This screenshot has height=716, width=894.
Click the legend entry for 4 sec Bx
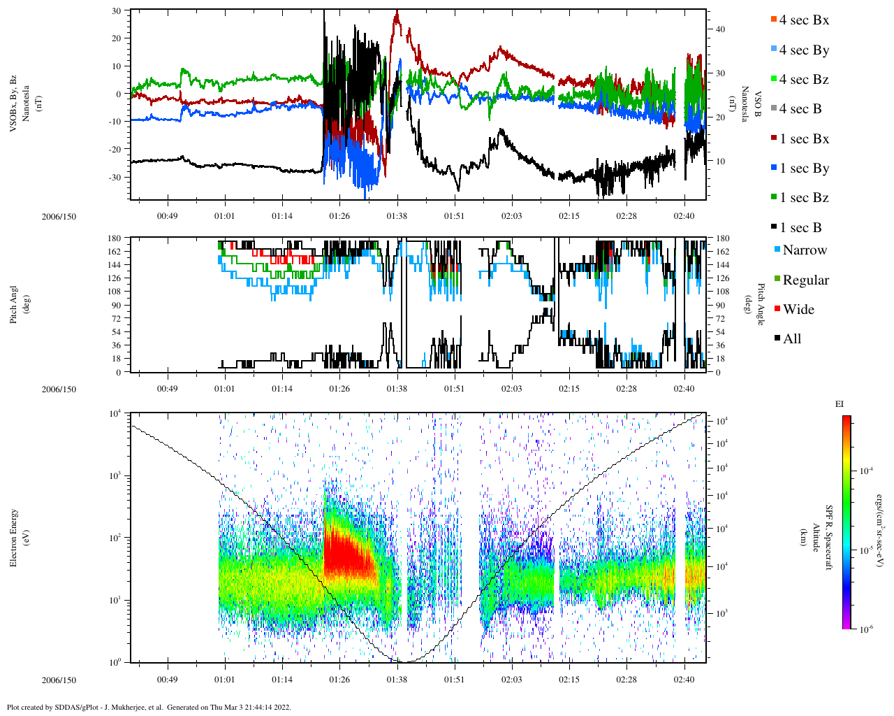803,20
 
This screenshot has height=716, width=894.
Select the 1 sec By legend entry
804,169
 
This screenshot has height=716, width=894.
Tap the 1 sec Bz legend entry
804,198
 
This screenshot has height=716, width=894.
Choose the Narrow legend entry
804,250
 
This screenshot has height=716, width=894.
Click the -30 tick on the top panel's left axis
113,177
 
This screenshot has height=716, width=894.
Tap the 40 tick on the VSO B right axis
720,29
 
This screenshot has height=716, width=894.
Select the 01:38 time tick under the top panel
397,216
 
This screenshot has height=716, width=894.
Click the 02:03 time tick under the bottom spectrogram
512,680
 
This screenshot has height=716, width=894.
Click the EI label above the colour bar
840,404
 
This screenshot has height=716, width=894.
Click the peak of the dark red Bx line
397,13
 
